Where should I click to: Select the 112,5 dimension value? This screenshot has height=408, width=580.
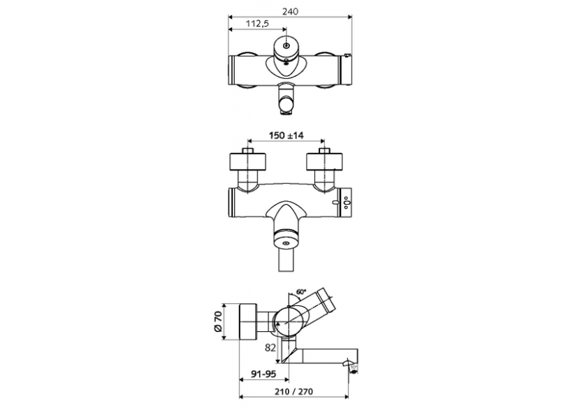click(258, 24)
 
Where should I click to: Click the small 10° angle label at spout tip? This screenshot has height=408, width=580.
click(354, 364)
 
